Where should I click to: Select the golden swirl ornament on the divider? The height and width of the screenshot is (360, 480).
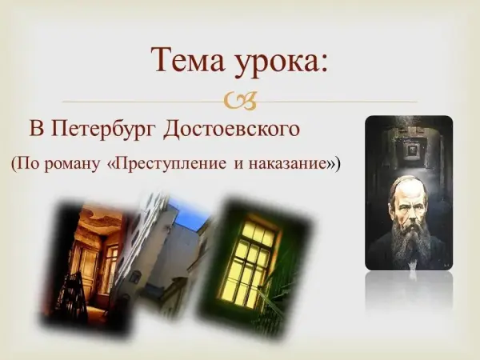(240, 101)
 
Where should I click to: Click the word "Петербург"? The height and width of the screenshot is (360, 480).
(104, 129)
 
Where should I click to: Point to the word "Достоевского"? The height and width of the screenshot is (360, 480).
(232, 129)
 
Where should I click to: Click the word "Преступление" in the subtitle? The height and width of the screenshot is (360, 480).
(170, 164)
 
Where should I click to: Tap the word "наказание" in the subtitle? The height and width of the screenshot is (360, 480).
(286, 164)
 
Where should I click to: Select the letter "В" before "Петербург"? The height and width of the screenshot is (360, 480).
(37, 129)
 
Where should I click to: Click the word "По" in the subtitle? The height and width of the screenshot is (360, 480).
(26, 164)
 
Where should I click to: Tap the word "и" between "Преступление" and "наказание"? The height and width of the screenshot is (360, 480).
(238, 165)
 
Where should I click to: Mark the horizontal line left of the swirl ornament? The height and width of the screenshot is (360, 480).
(142, 102)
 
